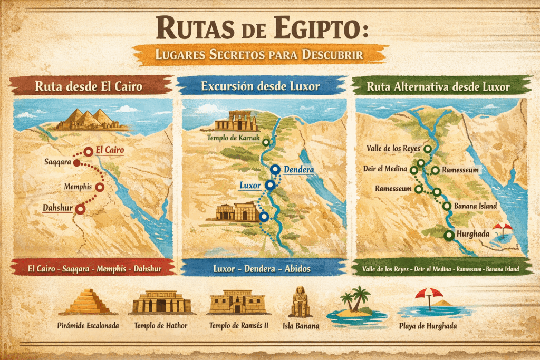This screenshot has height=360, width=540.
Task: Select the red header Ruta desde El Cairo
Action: click(89, 86)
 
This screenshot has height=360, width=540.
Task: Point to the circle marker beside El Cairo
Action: click(89, 152)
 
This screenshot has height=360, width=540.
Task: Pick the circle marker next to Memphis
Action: click(100, 187)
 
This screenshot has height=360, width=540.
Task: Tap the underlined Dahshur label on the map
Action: click(58, 208)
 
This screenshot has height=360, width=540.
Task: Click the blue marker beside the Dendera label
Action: click(275, 170)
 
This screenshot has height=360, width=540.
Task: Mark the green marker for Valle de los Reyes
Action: click(427, 149)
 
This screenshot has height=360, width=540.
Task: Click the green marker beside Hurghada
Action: click(449, 236)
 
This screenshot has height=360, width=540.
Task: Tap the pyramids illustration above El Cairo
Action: click(92, 120)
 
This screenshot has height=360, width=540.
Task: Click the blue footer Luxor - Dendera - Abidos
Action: click(262, 268)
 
